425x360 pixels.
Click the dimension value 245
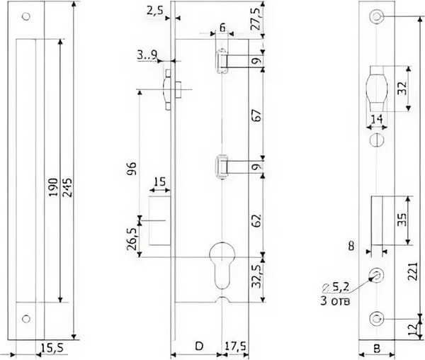tap(69, 188)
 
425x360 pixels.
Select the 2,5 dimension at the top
tap(155, 11)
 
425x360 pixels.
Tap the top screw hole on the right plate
tap(375, 16)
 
